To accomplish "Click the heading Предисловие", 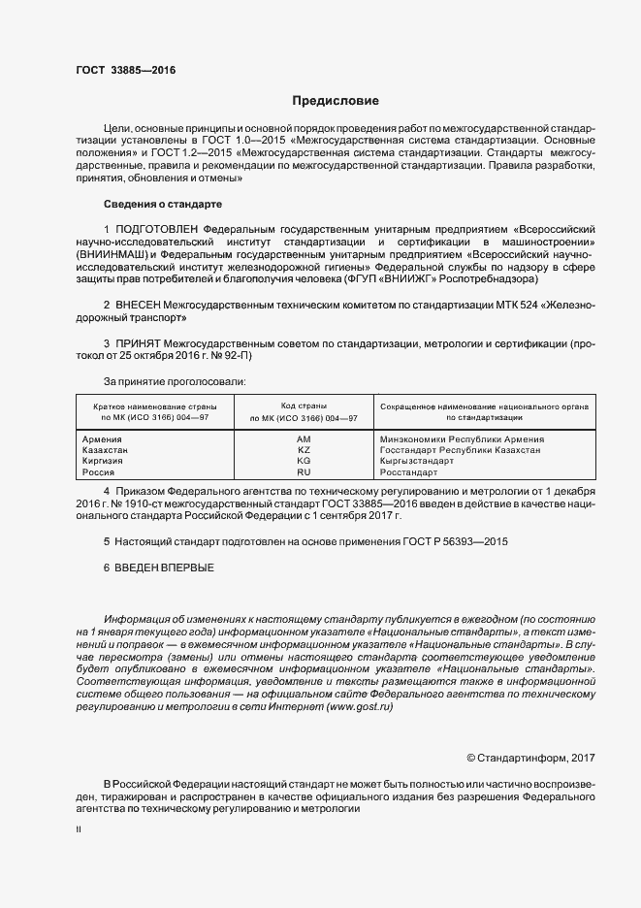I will point(336,101).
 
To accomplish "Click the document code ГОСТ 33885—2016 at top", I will point(125,71).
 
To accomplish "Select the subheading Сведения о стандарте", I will point(163,205).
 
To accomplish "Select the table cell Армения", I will point(103,439).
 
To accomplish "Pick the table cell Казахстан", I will point(107,450).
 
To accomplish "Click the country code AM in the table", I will point(304,439).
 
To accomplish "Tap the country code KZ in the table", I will point(304,450).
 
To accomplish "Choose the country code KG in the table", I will point(304,461).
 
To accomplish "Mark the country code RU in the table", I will point(304,471).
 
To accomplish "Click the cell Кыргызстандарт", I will point(416,461).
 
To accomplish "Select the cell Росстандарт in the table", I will point(410,471).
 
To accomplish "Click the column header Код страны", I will point(304,405).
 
